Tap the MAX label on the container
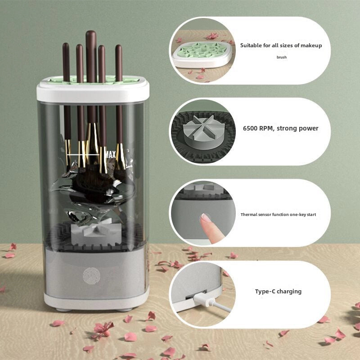coord(110,155)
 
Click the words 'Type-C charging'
coord(278,291)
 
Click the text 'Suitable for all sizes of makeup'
coord(281,45)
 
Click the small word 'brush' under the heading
coord(282,57)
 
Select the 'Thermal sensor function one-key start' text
coord(278,215)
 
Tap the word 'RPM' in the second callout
coord(265,128)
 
